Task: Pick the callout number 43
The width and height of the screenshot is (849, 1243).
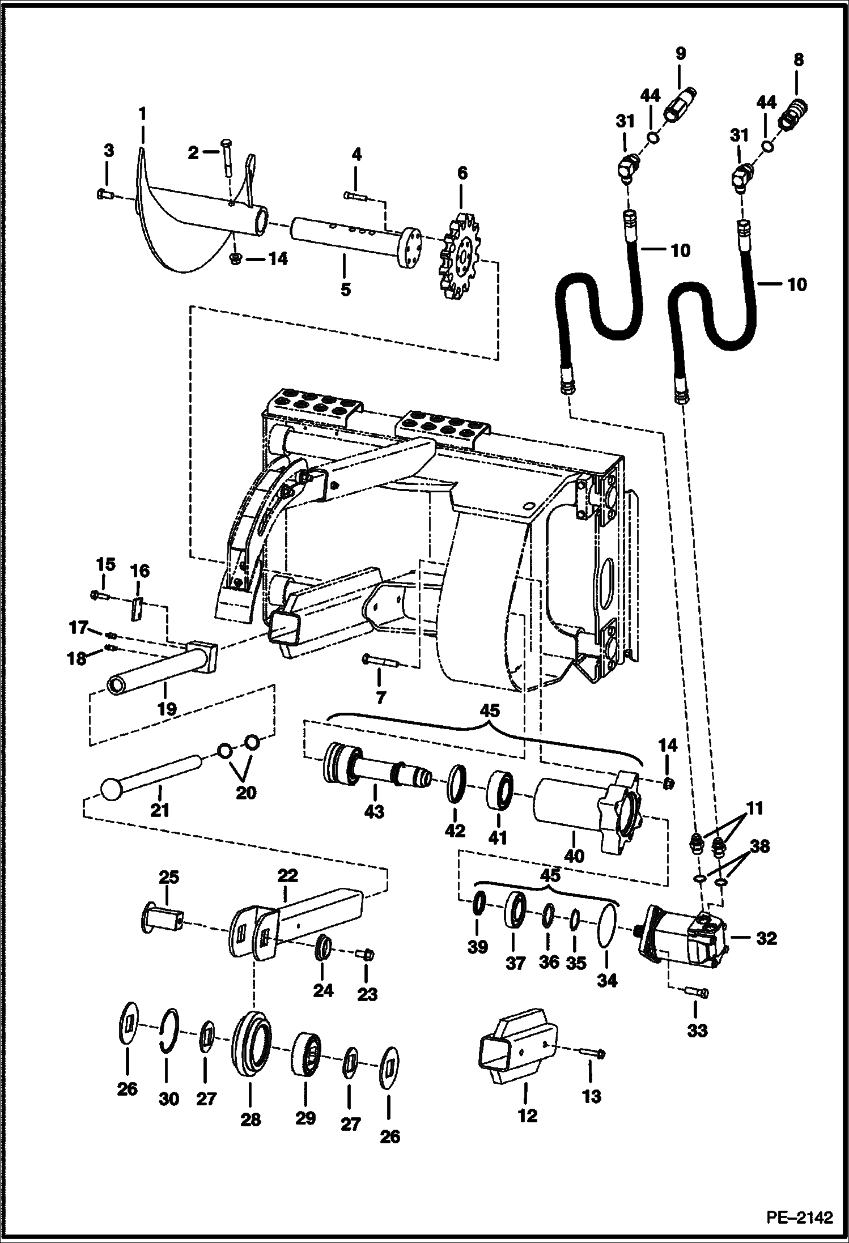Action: pos(374,811)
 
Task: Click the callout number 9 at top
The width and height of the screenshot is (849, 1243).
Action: pos(680,53)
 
